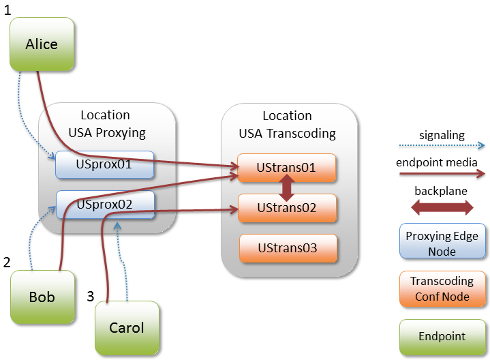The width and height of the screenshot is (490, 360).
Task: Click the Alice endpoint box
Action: click(x=42, y=44)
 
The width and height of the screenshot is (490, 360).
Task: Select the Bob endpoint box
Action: click(x=42, y=297)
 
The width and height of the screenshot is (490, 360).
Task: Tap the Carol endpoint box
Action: click(x=127, y=328)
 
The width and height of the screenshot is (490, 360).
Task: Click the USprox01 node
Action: click(x=105, y=164)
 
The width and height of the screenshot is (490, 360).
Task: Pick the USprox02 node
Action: click(x=105, y=204)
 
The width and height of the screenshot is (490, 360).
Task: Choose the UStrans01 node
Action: click(x=287, y=168)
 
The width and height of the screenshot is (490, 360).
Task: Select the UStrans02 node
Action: click(x=287, y=208)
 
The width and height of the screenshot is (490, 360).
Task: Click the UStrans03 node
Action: click(x=287, y=248)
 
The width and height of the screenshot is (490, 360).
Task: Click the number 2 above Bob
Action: click(x=7, y=262)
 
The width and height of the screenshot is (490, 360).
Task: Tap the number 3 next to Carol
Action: click(x=90, y=296)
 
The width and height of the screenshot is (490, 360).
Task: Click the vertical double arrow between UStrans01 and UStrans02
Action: click(x=287, y=187)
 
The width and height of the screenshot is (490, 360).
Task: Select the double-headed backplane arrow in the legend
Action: click(x=442, y=208)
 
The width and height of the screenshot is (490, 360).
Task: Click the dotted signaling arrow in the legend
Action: click(x=442, y=145)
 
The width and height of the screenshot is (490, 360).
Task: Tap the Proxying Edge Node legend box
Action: click(x=442, y=243)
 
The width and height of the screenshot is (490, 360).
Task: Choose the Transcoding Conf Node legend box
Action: click(x=442, y=288)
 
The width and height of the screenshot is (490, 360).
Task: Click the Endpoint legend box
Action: click(x=442, y=336)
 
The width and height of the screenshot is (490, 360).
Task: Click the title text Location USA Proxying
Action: click(x=106, y=123)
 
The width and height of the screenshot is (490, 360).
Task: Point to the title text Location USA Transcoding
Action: click(x=287, y=125)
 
